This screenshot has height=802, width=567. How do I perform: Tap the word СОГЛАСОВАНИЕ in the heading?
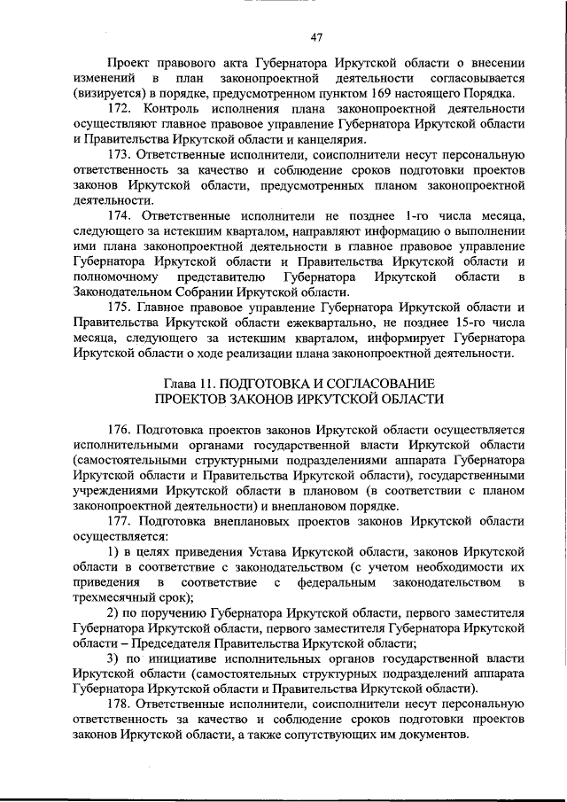[x=384, y=383]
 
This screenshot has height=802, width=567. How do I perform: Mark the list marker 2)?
[x=114, y=613]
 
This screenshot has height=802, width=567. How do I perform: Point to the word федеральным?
[x=337, y=583]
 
